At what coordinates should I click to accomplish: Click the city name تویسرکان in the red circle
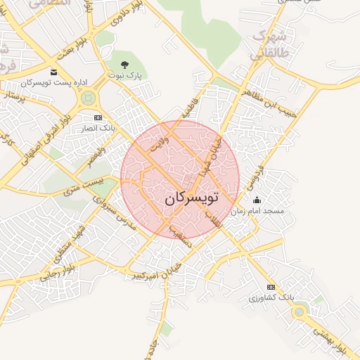coord(192,199)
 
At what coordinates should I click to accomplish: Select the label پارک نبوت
coord(126,75)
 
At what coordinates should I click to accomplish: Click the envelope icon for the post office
coord(54,72)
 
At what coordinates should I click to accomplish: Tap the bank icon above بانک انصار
coord(98,117)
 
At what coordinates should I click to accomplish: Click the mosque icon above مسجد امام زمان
coord(256,200)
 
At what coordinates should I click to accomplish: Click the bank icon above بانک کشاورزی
coord(272,287)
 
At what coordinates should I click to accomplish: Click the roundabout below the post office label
coord(88,99)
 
